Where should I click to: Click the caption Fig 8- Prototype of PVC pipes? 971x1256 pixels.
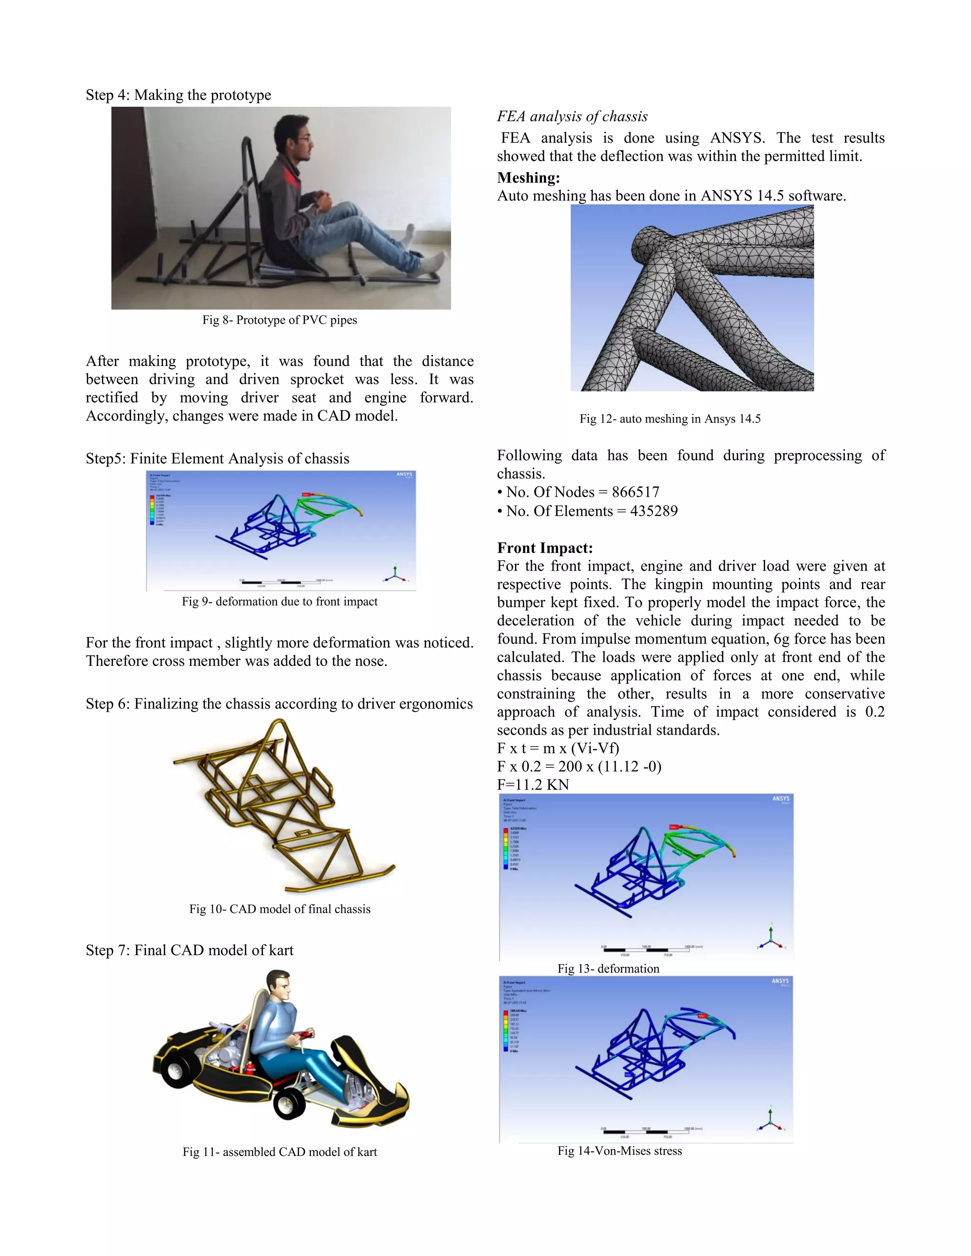click(x=280, y=320)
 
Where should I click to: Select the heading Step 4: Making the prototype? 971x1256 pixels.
click(x=178, y=95)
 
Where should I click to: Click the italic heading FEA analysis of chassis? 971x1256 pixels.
click(x=572, y=117)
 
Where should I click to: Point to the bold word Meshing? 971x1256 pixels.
click(x=528, y=178)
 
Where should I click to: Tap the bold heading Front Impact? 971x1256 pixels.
click(x=544, y=548)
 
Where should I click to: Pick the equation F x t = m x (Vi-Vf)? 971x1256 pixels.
click(x=558, y=749)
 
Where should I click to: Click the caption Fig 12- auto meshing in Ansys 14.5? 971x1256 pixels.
click(x=669, y=419)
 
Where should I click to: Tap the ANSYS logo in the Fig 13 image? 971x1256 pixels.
click(x=780, y=799)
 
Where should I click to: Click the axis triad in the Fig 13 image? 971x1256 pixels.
click(x=771, y=938)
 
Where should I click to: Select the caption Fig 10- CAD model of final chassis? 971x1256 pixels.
click(x=280, y=909)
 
